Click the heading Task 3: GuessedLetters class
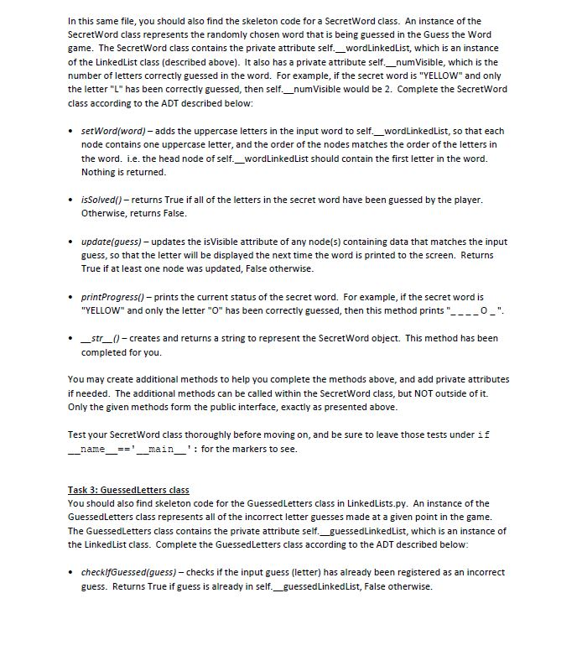click(x=128, y=490)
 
